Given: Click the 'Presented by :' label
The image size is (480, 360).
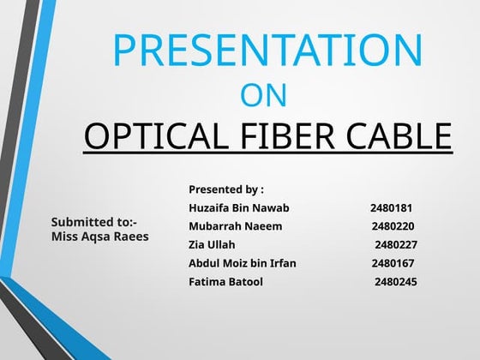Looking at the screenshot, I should [225, 189].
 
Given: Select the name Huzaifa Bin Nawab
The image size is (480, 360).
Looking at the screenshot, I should [238, 208].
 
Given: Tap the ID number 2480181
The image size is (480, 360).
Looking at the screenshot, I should [392, 208].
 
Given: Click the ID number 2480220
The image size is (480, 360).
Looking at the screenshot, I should [393, 226].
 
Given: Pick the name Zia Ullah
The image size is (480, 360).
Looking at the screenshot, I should [211, 244].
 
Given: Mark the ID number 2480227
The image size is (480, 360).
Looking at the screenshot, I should [395, 244].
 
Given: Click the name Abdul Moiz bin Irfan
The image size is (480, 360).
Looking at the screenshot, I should [242, 263].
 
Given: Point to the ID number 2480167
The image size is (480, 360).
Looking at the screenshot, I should [393, 263].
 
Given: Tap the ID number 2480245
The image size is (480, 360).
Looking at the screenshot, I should [395, 281].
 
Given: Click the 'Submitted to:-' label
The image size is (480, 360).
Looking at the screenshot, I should [94, 222].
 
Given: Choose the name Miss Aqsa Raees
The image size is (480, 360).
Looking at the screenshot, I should [99, 236].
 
